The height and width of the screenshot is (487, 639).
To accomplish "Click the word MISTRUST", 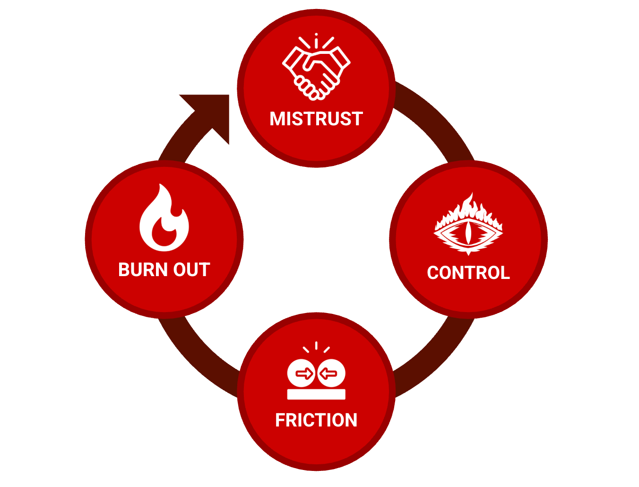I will [316, 119].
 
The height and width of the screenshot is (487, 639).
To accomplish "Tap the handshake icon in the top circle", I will [316, 69].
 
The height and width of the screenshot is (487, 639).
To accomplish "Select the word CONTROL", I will [468, 273].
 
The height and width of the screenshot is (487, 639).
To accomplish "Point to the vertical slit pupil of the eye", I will [468, 232].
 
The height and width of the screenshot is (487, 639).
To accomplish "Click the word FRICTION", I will [316, 420].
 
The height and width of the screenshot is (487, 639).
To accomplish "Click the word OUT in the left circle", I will [191, 270].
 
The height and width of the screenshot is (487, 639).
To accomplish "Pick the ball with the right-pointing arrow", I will [301, 374].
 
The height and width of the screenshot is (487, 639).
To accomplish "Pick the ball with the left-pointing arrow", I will [331, 374].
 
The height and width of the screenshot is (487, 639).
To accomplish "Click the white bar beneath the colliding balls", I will [316, 394].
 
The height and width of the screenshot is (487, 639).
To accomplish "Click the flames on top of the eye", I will [468, 208].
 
